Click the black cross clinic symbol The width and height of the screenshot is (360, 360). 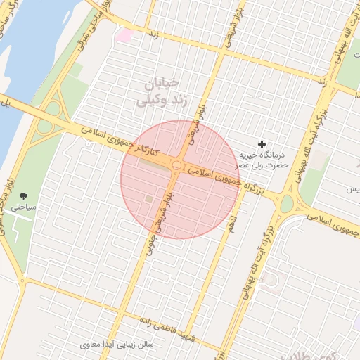click(262, 143)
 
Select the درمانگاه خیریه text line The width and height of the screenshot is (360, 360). click(261, 155)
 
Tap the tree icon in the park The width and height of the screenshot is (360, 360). click(25, 196)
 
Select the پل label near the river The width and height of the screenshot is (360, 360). click(6, 103)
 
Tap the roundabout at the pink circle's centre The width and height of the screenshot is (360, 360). click(177, 166)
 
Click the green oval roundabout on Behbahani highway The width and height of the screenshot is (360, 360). click(287, 204)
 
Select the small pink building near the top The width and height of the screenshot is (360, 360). click(124, 34)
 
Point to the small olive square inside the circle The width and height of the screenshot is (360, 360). click(148, 200)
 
